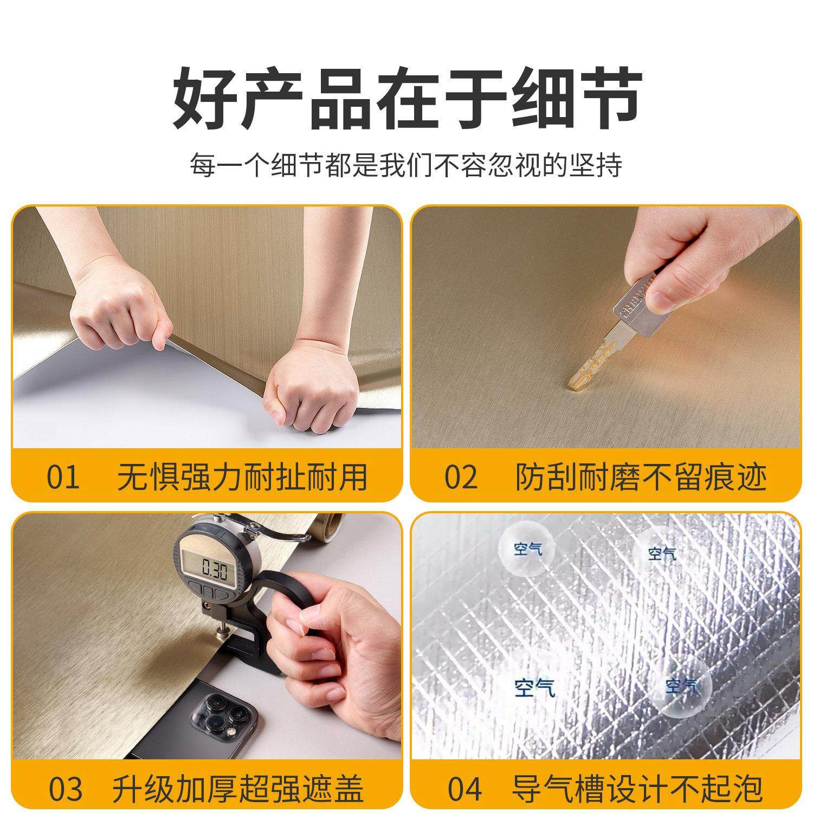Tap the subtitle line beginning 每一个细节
[x=406, y=165]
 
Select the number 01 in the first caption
[x=63, y=477]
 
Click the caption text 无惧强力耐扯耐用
[x=242, y=477]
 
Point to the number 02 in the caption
[x=461, y=477]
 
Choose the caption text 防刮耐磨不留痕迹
[x=641, y=477]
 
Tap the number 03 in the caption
[x=66, y=789]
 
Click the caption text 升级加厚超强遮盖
[x=238, y=789]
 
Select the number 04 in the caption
[x=464, y=789]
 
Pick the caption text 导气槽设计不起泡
[x=637, y=789]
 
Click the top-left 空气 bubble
[x=527, y=551]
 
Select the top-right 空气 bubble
[x=662, y=553]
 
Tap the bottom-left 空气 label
[x=534, y=687]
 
